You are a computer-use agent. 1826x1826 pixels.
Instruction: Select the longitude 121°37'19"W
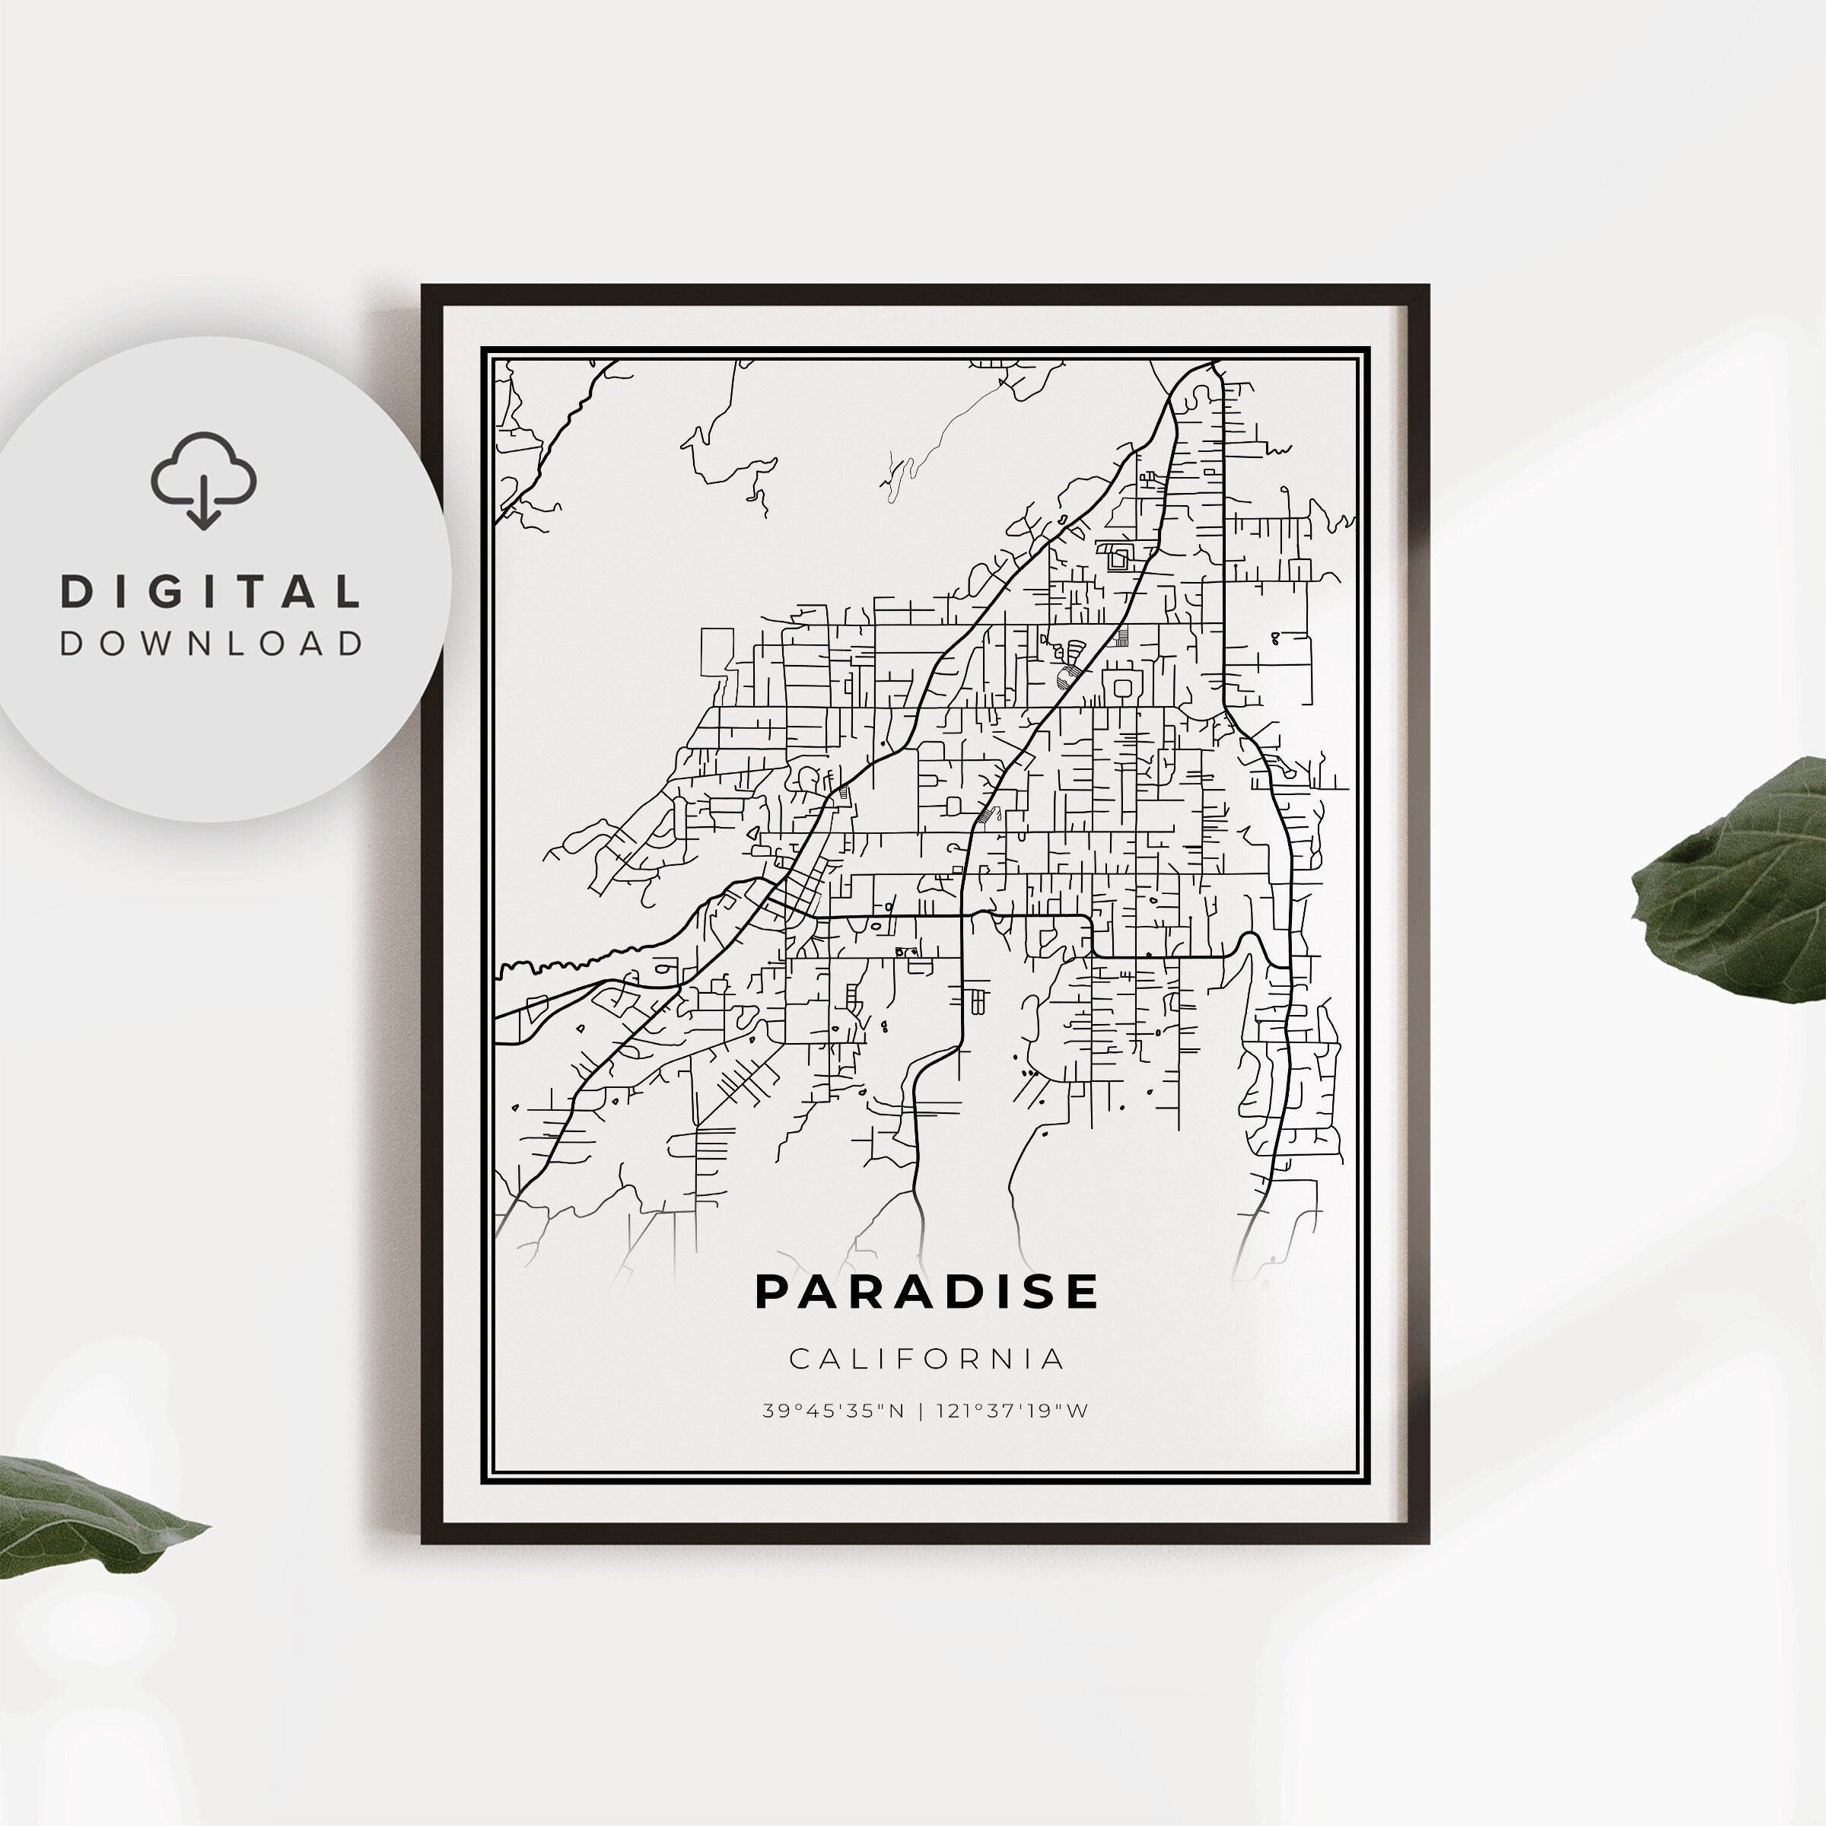point(1012,1411)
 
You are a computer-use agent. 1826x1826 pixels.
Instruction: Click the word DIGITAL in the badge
point(211,593)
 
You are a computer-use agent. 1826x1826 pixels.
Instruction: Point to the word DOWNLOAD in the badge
point(211,644)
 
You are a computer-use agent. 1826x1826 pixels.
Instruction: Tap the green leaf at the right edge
point(1739,879)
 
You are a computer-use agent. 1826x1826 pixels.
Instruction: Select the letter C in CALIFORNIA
point(799,1359)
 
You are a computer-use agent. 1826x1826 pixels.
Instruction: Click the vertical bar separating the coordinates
point(921,1411)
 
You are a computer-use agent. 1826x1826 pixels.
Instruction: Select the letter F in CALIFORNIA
point(898,1359)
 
